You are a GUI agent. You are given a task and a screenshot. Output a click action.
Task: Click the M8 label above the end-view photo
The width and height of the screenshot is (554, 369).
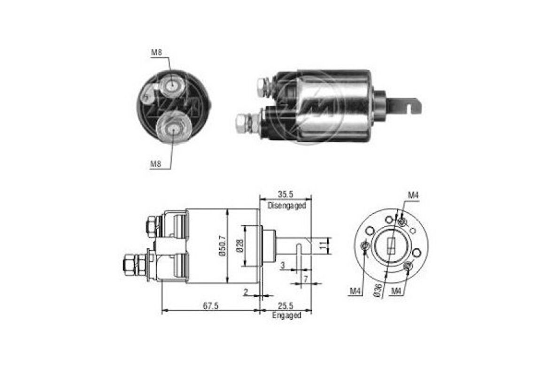pos(156,53)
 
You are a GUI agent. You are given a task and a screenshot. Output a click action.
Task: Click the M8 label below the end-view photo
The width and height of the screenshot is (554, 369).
pos(156,164)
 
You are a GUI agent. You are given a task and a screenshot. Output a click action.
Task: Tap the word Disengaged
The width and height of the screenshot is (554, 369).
pos(286,206)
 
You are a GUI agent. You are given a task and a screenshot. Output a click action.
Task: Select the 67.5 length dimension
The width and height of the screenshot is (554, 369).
pos(210,306)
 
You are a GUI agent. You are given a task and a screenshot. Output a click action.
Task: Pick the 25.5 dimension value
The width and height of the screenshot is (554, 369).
pos(286,306)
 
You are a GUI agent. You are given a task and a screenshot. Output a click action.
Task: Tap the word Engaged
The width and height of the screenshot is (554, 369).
pos(286,315)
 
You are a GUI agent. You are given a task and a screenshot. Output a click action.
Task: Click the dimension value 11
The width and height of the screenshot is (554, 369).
pos(323,245)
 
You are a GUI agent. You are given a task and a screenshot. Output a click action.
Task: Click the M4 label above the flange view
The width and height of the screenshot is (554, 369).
pos(413,195)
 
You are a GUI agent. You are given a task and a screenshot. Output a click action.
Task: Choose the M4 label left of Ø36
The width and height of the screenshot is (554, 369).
pos(355,291)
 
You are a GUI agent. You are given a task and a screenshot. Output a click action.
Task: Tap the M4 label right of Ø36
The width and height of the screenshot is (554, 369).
pos(397,291)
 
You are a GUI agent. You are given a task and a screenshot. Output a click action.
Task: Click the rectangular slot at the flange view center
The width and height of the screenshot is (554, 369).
pos(391,246)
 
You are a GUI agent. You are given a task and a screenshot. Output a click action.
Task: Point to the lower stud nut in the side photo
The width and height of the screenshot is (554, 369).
pos(243,123)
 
